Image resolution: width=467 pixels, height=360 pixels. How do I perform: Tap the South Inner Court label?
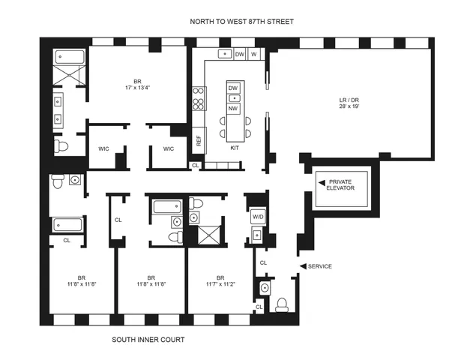point(148,339)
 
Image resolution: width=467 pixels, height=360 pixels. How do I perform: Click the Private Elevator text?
point(345,185)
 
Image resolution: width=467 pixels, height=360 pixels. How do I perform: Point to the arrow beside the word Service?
point(303,266)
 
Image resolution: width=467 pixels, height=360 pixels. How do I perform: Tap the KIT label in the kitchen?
point(234,148)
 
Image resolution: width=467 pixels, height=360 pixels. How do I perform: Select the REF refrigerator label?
point(199,140)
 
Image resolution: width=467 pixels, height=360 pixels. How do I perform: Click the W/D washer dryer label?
point(256,217)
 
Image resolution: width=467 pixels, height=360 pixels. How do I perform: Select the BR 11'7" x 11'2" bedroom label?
point(220,280)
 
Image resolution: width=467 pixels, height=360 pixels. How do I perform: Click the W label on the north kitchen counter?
point(253,54)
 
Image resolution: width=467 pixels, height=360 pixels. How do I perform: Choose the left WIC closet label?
point(104,148)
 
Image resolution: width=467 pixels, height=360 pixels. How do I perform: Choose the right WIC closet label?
point(168,148)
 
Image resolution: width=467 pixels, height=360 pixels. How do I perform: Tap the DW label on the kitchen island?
point(233,88)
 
